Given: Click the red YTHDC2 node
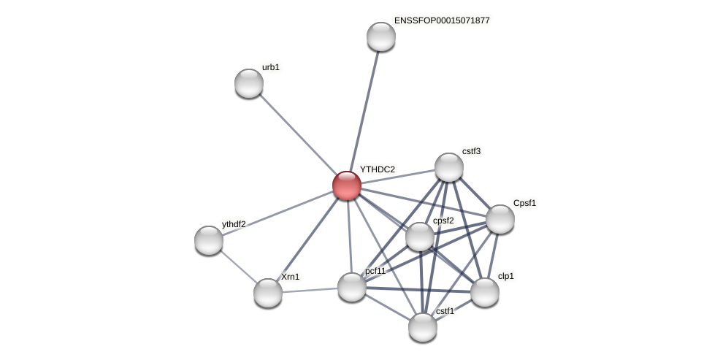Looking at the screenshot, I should tap(347, 185).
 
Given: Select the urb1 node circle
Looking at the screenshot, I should tap(249, 83).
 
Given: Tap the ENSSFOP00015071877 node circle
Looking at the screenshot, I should tap(381, 37).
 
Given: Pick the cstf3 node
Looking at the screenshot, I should tap(449, 167).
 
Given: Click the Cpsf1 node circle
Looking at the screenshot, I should tap(500, 219).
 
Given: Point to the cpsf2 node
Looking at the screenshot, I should tap(420, 237).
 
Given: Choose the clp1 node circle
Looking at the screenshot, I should tap(485, 292).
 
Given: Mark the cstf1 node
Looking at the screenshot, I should tap(423, 327).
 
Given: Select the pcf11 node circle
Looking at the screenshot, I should tap(352, 287).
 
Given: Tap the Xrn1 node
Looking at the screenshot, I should tap(268, 293).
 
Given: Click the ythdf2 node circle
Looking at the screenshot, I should tap(209, 240).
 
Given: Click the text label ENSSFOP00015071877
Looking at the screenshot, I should tap(442, 20).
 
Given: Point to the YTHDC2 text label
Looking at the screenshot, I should tap(377, 169).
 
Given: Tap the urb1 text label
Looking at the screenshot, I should tap(270, 67).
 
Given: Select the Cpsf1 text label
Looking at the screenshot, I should tap(524, 203).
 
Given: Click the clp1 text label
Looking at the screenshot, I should tap(505, 276).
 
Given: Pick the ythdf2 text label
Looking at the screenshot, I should tap(234, 224).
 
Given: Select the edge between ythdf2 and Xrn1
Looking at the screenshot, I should tap(238, 267).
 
